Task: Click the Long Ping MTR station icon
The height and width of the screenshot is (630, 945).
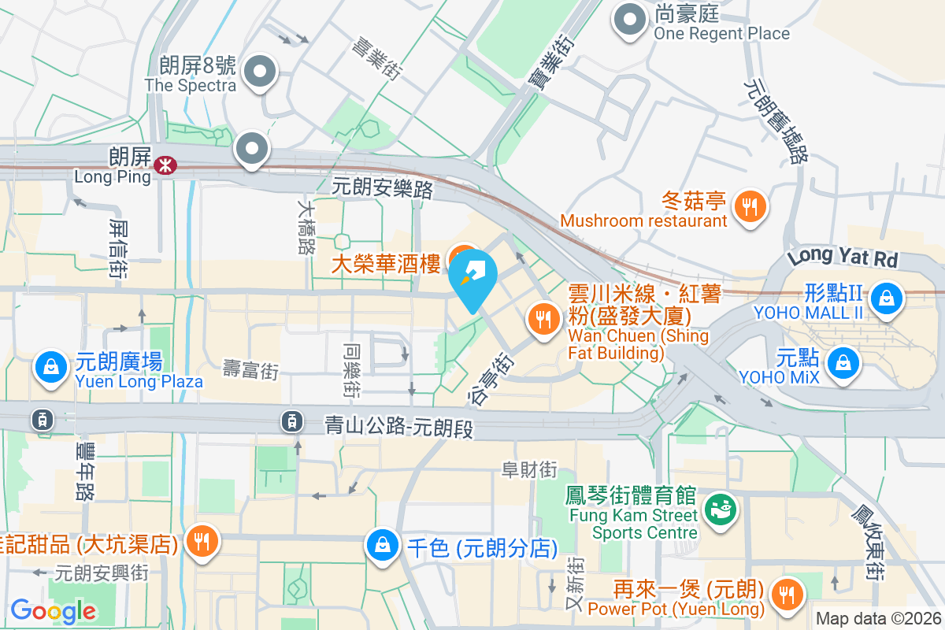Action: tap(165, 165)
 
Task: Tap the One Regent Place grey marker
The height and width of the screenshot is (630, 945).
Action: tap(630, 21)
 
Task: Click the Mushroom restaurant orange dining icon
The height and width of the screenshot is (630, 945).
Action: tap(750, 206)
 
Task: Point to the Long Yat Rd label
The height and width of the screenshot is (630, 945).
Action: tap(843, 257)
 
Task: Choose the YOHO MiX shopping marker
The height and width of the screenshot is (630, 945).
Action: tap(843, 363)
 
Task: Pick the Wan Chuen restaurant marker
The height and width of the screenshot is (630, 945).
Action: tap(542, 320)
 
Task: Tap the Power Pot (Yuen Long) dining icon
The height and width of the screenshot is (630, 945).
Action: tap(786, 594)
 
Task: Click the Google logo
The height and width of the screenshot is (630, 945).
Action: tap(53, 610)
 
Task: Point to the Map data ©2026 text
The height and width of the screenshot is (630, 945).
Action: tap(878, 618)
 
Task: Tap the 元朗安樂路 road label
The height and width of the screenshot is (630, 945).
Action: tap(383, 188)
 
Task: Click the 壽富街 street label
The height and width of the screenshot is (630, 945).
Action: tap(250, 370)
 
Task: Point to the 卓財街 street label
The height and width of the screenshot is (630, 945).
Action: tap(529, 470)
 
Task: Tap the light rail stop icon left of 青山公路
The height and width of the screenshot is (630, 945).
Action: tap(292, 422)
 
